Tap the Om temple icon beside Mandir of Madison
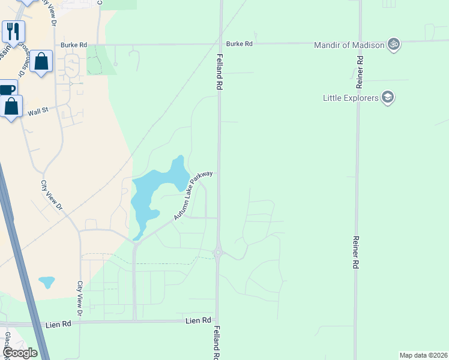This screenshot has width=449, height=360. click(394, 44)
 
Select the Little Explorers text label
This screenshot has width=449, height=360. click(351, 97)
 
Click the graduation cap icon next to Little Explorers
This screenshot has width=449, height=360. click(388, 97)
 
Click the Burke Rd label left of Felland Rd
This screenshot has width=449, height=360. click(74, 44)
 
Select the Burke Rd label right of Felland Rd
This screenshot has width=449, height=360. click(240, 44)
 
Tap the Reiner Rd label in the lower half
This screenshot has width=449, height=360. click(356, 251)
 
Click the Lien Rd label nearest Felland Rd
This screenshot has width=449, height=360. click(199, 321)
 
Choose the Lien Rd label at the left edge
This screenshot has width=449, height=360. click(58, 325)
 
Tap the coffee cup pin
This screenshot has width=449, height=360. click(6, 90)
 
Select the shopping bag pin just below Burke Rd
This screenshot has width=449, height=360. click(41, 61)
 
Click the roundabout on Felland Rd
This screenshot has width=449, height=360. click(218, 253)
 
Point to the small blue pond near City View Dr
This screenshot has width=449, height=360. click(46, 281)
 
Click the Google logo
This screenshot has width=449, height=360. click(20, 353)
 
